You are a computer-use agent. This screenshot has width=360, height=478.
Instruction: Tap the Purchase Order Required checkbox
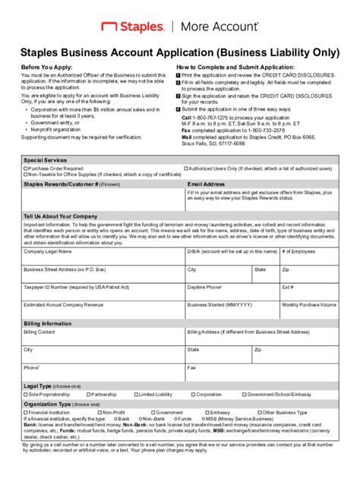pos(26,168)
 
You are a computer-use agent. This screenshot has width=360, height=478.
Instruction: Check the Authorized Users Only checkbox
pos(186,168)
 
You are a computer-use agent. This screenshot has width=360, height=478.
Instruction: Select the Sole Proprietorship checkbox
pos(26,395)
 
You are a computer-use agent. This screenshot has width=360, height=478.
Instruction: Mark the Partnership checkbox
pos(88,395)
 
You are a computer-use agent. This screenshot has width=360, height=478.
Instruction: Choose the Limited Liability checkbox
pos(136,395)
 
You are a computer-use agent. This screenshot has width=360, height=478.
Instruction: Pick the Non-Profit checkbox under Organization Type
pos(88,413)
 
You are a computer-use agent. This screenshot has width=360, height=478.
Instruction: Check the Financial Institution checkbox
pos(26,413)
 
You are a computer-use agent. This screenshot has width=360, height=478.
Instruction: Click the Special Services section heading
pos(46,160)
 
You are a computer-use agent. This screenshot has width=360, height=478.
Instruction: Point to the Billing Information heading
pos(48,322)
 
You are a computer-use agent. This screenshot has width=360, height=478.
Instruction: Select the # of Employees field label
pos(298,250)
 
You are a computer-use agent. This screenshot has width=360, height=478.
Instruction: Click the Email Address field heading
pos(206,184)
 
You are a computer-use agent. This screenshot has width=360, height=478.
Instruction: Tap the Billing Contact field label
pos(39,332)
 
